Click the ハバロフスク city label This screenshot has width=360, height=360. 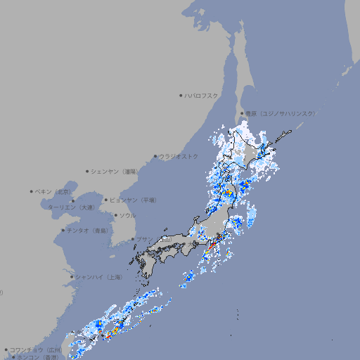click(202, 95)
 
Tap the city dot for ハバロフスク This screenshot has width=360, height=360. click(181, 95)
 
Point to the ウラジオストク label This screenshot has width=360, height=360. click(179, 156)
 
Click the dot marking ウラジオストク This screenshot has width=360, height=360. click(155, 156)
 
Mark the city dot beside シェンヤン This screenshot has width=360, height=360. click(88, 171)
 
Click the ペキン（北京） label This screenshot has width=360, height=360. click(54, 191)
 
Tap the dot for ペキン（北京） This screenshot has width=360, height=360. click(32, 191)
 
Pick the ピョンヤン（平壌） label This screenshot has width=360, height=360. click(134, 200)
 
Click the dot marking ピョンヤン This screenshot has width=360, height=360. click(107, 200)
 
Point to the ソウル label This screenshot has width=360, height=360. click(127, 215)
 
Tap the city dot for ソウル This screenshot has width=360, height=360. click(115, 215)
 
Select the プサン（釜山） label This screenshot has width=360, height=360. click(153, 239)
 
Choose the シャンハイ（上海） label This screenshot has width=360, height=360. click(98, 277)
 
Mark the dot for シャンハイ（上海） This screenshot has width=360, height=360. click(72, 277)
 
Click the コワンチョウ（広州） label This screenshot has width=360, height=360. click(36, 349)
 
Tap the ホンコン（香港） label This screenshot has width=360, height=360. click(37, 357)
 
